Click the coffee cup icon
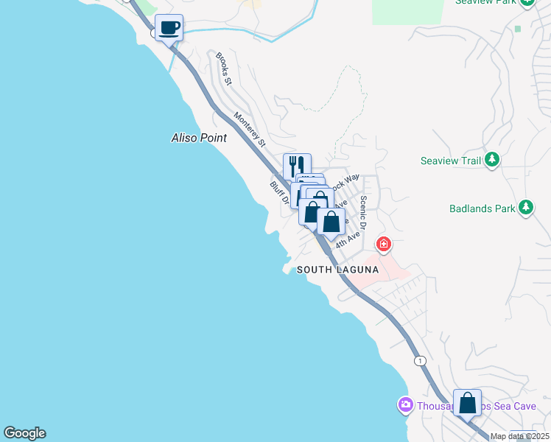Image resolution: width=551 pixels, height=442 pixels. pos(169,28)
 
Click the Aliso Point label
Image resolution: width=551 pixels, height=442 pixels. pos(199,138)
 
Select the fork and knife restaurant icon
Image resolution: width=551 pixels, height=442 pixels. pos(297,165)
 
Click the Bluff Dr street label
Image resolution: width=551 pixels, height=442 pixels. pos(278,193)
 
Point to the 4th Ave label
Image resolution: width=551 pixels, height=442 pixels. pos(348,239)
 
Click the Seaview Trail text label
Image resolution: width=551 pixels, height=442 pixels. pos(450,161)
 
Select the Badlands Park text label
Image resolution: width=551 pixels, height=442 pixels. pos(482,208)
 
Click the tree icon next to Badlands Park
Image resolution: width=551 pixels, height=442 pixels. pos(525,208)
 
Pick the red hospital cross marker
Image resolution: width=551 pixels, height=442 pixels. pos(383,244)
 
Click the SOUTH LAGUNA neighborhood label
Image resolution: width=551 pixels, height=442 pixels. pos(337,270)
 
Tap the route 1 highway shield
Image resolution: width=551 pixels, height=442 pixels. pos(420,360)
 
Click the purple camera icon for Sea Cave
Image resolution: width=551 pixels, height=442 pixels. pos(405,405)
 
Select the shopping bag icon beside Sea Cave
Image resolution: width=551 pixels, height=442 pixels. pos(467,403)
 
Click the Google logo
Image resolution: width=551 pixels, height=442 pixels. pos(24,433)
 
